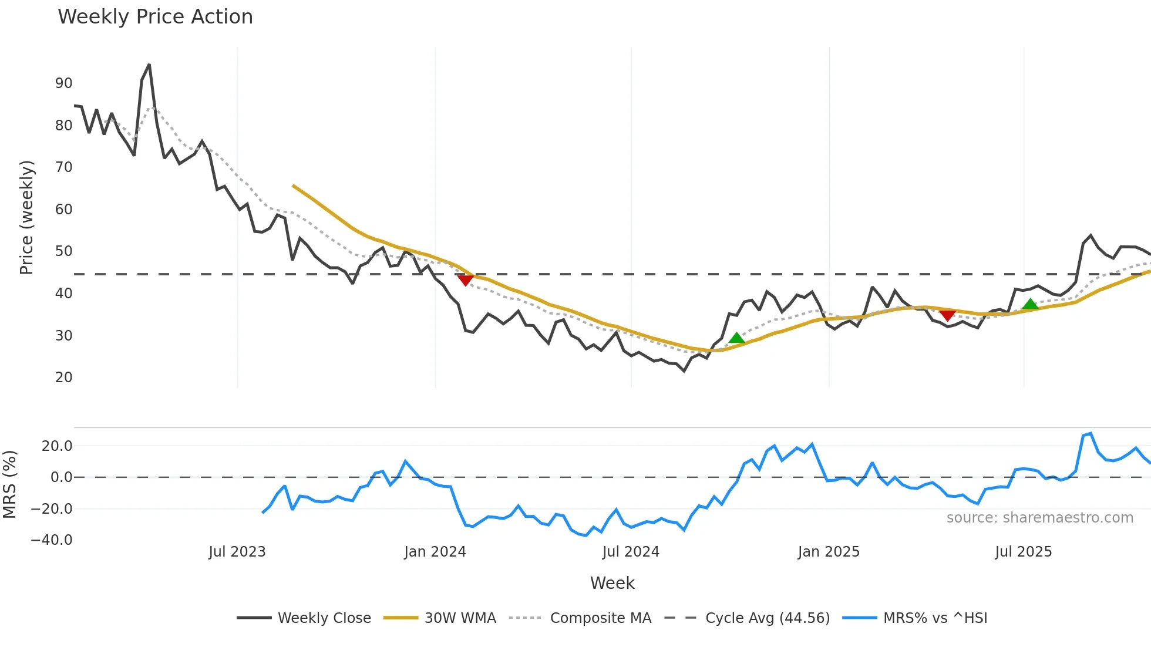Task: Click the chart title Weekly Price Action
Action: (x=155, y=17)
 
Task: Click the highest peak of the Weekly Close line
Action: (x=149, y=65)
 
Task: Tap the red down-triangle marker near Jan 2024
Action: (x=465, y=280)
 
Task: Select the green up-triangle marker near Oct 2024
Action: (x=736, y=338)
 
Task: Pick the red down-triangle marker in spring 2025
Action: (x=947, y=315)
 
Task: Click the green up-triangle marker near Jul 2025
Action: (x=1030, y=304)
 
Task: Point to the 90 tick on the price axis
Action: (x=63, y=83)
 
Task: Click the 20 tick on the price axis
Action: (x=63, y=378)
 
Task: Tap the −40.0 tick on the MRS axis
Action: (x=52, y=540)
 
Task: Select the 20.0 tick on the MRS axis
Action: (x=57, y=446)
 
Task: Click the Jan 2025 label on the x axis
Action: (x=828, y=552)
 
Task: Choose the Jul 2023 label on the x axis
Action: (x=237, y=552)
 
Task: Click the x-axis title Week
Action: (x=612, y=583)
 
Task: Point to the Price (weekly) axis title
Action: (x=26, y=217)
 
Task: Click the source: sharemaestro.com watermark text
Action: (x=1039, y=518)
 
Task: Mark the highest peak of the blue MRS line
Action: (x=1091, y=434)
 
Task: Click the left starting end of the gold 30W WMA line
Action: (x=294, y=186)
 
